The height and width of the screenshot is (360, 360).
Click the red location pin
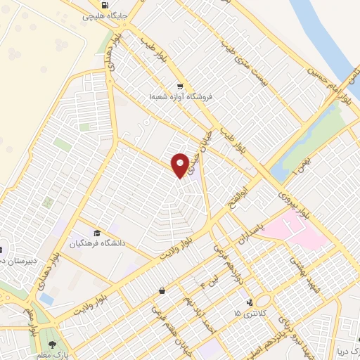181,165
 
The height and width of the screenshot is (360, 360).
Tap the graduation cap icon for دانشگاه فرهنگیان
96,233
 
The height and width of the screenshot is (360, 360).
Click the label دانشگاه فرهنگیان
96,243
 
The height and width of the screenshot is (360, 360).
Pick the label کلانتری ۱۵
248,313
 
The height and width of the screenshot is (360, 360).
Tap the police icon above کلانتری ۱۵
248,303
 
